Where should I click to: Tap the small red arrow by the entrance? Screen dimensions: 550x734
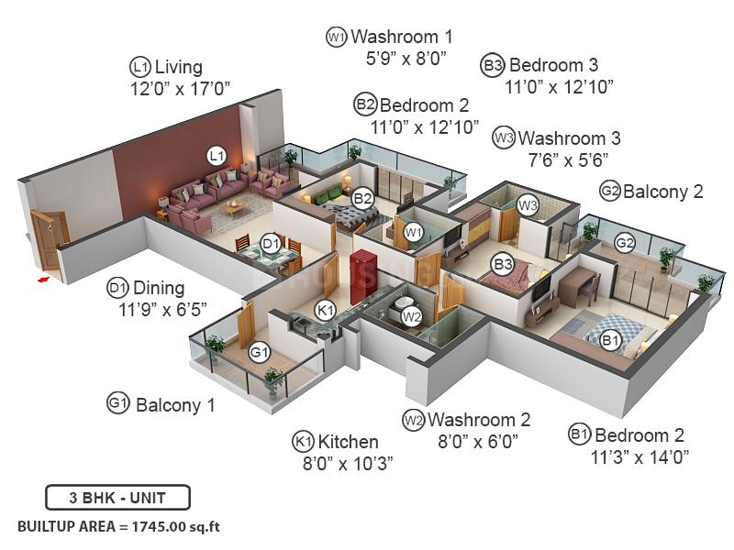43,279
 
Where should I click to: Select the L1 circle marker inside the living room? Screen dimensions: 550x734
216,155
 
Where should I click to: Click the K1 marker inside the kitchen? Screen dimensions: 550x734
325,310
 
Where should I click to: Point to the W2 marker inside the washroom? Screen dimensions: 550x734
411,317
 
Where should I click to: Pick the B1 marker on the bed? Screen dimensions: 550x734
612,340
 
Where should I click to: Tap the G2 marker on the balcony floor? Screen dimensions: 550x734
625,243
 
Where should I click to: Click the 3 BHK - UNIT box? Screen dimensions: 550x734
117,498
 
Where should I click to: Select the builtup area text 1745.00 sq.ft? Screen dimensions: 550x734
118,527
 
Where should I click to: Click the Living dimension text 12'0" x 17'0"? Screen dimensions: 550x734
180,88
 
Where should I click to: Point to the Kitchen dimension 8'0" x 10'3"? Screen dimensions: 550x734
348,463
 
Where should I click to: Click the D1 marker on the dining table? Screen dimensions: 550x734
271,243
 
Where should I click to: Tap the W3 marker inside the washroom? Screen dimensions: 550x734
527,205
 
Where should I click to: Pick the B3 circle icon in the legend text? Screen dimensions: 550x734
493,65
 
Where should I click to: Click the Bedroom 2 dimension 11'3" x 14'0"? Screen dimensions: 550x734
640,456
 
